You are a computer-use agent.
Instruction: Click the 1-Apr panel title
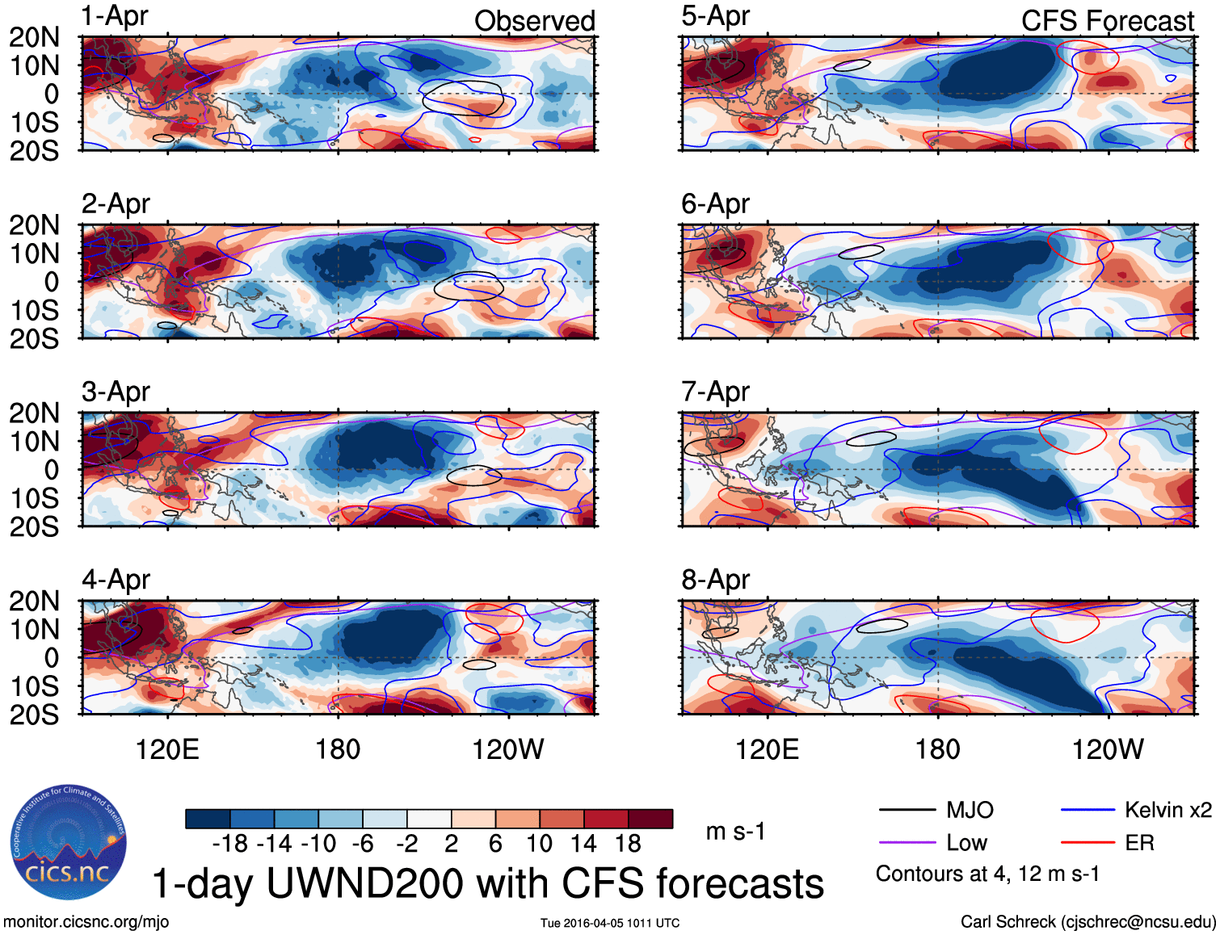tap(115, 16)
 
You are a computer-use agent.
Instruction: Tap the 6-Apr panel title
tap(715, 204)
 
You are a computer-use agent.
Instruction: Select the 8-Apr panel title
tap(715, 580)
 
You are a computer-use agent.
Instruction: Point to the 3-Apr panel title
tap(116, 392)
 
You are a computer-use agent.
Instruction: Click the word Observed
tap(534, 21)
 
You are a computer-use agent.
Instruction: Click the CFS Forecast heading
tap(1107, 21)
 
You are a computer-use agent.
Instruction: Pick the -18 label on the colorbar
tap(230, 844)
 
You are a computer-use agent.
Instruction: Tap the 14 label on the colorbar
tap(583, 844)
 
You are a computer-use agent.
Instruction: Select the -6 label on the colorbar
tap(363, 844)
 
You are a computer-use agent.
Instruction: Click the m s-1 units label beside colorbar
tap(735, 831)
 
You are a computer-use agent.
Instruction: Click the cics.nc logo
tap(68, 843)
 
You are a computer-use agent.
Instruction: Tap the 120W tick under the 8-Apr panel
tap(1108, 749)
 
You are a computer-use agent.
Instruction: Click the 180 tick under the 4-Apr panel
tap(338, 749)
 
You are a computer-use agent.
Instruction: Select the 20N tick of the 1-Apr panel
tap(34, 37)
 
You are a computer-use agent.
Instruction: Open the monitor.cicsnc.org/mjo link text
tap(86, 922)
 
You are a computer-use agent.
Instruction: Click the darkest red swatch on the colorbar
tap(650, 819)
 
